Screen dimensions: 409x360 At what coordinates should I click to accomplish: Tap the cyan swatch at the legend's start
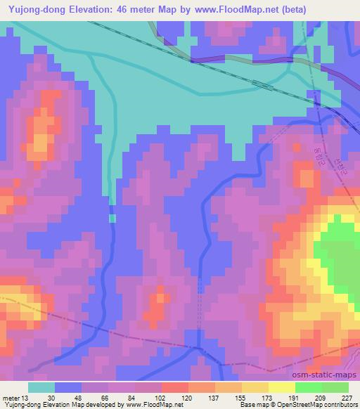click(41, 387)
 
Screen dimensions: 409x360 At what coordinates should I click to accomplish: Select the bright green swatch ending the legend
click(335, 387)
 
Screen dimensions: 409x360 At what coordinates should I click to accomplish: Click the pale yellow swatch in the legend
click(282, 387)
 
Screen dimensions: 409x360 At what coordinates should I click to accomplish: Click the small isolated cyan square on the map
click(112, 219)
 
